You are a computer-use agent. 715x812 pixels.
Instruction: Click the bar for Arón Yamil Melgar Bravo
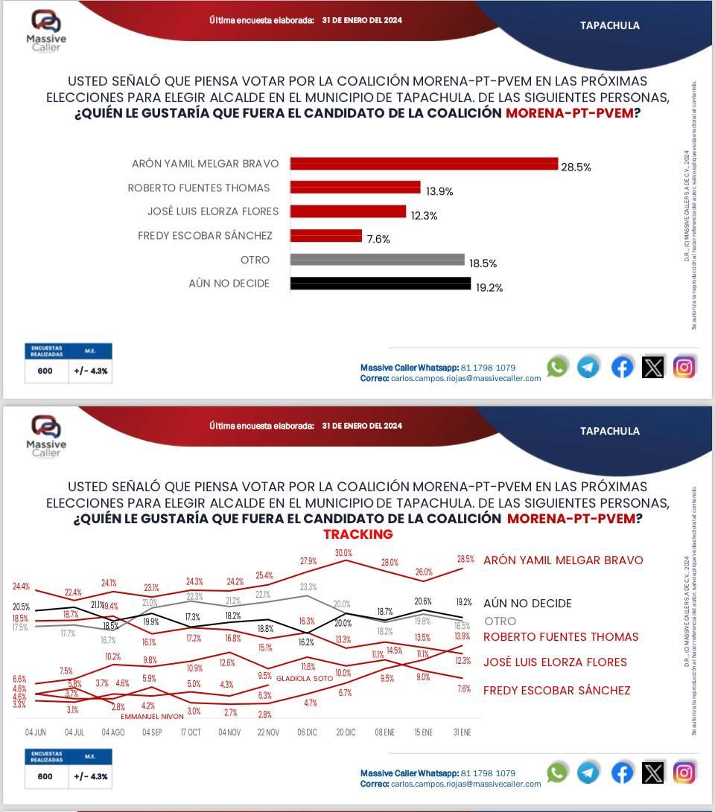(424, 164)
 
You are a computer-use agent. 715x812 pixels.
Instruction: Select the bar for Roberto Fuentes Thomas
(355, 188)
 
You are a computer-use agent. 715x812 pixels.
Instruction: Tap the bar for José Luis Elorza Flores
(348, 211)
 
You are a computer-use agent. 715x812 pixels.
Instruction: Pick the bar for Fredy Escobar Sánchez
(326, 235)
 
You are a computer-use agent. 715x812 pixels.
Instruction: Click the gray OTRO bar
(377, 260)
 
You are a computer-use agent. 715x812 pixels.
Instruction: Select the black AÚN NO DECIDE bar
(380, 284)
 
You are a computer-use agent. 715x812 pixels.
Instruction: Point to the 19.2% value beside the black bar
(489, 287)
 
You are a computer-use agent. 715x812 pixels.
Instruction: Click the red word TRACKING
(357, 534)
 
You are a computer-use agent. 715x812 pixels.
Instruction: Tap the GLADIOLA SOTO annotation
(305, 679)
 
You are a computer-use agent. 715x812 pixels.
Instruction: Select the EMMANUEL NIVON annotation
(152, 717)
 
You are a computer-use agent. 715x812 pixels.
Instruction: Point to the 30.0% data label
(343, 553)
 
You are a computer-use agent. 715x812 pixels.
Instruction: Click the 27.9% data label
(308, 560)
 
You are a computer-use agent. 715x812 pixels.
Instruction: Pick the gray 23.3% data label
(308, 587)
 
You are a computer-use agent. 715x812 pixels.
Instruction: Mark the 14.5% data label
(394, 650)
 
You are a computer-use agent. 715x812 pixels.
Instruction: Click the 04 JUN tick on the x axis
(36, 732)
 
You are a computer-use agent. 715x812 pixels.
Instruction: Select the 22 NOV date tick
(268, 732)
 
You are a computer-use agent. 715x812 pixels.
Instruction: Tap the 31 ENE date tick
(462, 732)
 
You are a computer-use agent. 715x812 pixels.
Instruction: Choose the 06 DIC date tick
(307, 732)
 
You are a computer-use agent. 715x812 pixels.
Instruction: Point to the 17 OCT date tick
(191, 732)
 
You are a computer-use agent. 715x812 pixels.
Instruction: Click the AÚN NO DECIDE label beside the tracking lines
(527, 604)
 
